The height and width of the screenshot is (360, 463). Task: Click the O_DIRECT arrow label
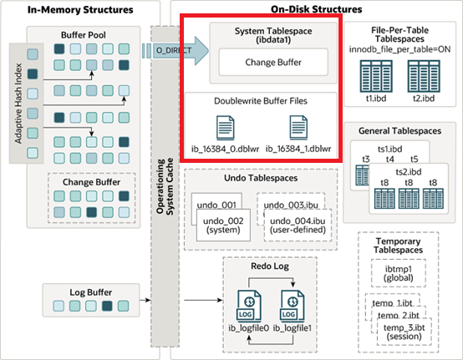click(x=174, y=50)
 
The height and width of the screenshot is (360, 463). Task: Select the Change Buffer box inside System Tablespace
click(x=273, y=63)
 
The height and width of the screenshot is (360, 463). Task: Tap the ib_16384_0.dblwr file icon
click(x=226, y=128)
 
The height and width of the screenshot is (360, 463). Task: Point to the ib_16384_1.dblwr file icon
click(x=298, y=128)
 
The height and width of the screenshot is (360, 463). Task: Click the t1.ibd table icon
click(x=376, y=76)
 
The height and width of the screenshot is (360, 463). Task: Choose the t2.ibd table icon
click(x=424, y=76)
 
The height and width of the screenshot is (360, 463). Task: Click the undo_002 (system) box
click(x=223, y=226)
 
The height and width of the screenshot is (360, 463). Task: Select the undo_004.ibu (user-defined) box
click(x=298, y=226)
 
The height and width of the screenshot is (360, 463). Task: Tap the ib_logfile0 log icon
click(x=249, y=306)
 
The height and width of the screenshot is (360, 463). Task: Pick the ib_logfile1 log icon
click(x=292, y=306)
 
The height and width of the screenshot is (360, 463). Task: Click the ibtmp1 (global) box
click(x=399, y=273)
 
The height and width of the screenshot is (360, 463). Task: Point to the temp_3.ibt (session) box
click(x=404, y=332)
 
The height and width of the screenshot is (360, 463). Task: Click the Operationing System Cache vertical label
click(x=165, y=186)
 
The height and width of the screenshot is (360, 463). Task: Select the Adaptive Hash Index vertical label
click(x=18, y=104)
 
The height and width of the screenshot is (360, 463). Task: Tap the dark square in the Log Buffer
click(x=107, y=306)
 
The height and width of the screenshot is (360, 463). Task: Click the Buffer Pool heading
click(x=84, y=35)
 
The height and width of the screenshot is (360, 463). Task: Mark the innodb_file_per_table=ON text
click(x=399, y=49)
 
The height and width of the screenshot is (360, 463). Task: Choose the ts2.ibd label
click(x=409, y=172)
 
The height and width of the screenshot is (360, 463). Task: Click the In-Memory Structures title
click(x=80, y=10)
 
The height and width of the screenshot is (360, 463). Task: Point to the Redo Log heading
click(x=270, y=266)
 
